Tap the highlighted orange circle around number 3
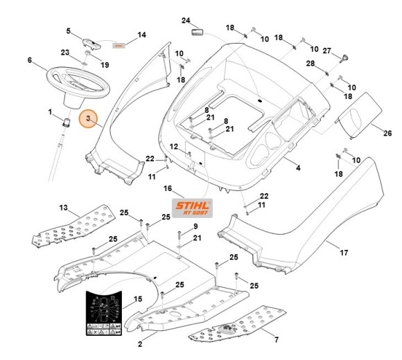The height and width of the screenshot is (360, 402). click(x=88, y=120)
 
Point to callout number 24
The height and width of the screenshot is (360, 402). click(x=185, y=20)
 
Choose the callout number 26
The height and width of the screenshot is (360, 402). click(x=387, y=134)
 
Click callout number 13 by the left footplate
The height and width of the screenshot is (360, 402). click(x=63, y=208)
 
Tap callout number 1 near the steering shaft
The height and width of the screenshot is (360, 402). click(x=50, y=111)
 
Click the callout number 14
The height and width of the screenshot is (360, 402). click(x=141, y=35)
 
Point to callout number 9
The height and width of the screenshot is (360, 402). click(x=196, y=226)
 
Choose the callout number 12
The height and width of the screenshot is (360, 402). click(x=175, y=146)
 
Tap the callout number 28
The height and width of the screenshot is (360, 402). click(x=311, y=64)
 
